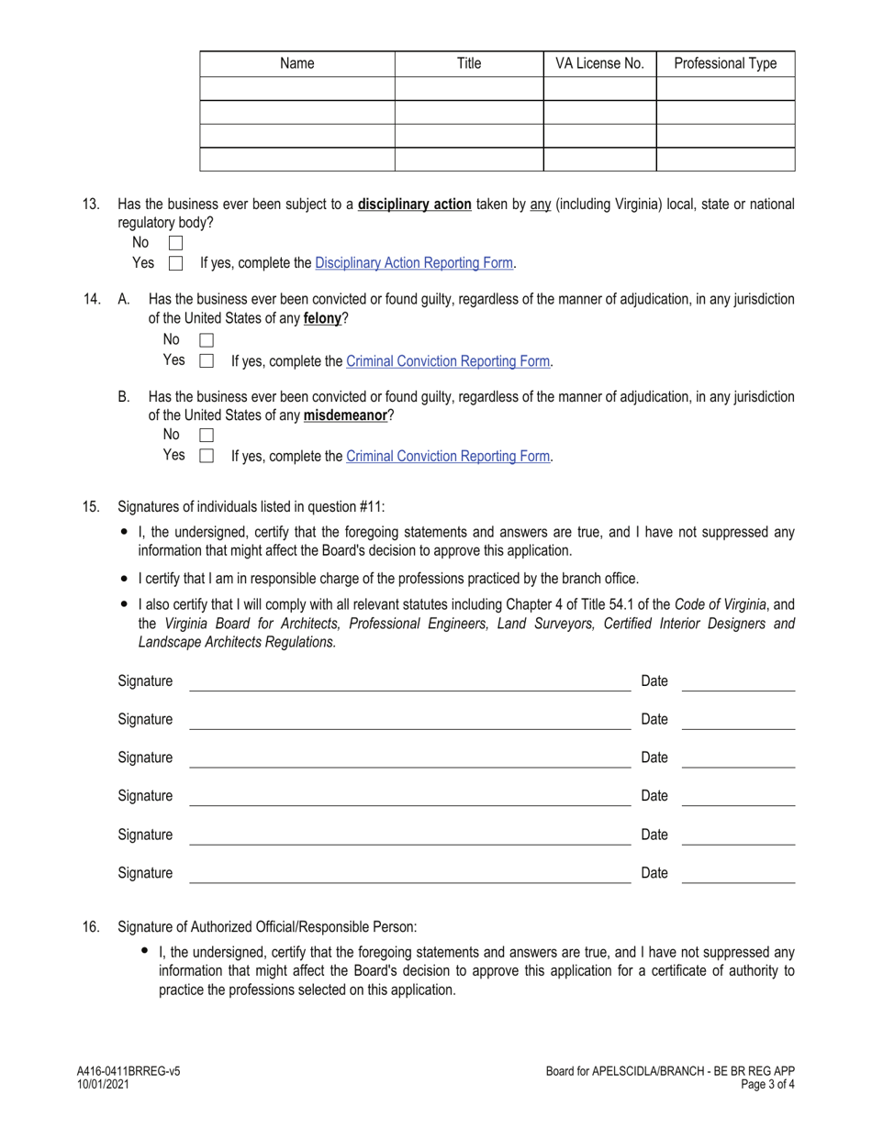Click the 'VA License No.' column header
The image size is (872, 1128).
pos(599,63)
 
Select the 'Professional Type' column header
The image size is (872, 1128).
pos(725,63)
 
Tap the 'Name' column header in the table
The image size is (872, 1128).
pos(296,63)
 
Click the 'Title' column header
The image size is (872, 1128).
pos(468,63)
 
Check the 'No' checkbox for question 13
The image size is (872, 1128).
pos(176,243)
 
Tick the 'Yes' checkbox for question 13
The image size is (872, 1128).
pos(176,263)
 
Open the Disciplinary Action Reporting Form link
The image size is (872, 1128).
pos(413,263)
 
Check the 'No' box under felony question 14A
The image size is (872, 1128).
pos(207,340)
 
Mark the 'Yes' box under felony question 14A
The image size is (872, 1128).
pos(207,360)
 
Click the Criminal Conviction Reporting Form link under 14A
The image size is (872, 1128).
pos(448,361)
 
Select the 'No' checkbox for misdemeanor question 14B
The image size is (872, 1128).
pos(207,436)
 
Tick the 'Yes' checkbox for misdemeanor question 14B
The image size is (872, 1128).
pos(207,456)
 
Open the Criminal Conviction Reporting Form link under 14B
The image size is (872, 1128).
pos(448,456)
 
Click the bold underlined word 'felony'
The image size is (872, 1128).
pos(322,319)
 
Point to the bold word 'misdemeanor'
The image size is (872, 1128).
pos(345,415)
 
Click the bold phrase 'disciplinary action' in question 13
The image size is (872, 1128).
pos(415,205)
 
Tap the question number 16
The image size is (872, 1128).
pos(91,927)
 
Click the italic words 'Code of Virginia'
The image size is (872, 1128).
pos(721,604)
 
